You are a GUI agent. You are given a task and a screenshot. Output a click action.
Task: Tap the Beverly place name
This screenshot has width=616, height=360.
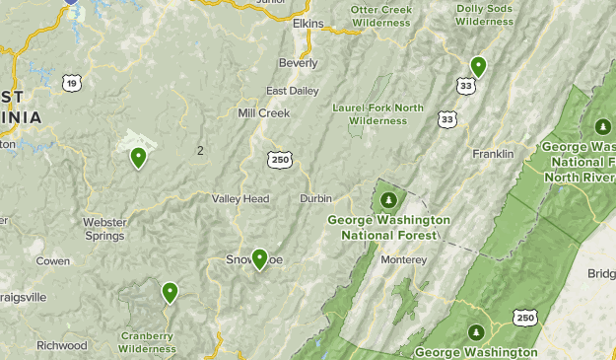tap(298, 62)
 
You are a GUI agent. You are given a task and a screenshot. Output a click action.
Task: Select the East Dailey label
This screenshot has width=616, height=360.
tap(293, 90)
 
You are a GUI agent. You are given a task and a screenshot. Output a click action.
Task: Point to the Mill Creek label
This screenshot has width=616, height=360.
tap(264, 112)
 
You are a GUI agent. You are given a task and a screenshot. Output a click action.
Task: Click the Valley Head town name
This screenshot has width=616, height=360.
tap(240, 198)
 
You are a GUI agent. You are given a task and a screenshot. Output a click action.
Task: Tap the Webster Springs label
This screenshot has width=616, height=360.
tap(104, 229)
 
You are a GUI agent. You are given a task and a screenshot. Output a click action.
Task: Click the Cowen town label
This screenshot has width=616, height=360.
tap(53, 261)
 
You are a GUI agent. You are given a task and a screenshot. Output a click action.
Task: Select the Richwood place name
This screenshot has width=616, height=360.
tap(62, 345)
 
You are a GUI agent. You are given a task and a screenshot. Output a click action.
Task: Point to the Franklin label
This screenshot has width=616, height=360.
tap(493, 154)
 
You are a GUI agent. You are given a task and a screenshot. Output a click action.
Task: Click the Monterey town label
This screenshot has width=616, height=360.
tap(404, 259)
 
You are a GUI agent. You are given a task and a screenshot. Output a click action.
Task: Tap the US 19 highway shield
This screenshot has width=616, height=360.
tap(72, 84)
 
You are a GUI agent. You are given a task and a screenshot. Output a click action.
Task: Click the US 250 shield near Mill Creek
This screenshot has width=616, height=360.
tap(279, 158)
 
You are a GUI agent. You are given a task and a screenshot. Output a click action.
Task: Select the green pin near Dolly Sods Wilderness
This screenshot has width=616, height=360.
tap(478, 66)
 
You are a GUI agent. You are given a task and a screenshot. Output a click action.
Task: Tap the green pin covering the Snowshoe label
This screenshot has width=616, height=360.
tap(259, 258)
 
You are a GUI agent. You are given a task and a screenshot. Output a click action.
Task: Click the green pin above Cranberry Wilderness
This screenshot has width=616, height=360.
tap(170, 291)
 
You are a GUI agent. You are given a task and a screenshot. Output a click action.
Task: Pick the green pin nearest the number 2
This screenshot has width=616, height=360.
tap(138, 156)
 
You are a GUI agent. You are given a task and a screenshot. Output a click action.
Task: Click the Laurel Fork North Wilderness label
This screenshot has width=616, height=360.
tap(377, 113)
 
